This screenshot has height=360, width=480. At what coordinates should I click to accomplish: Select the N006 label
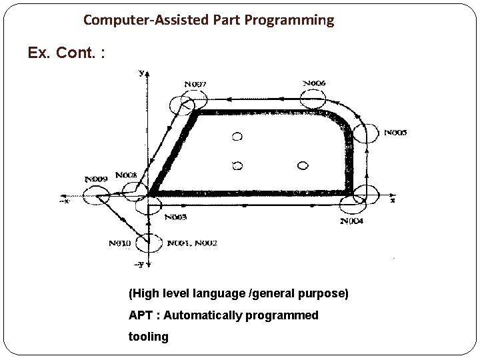(315, 83)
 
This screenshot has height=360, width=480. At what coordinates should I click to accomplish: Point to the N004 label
(351, 221)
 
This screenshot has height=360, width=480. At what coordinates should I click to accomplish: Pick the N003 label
(175, 217)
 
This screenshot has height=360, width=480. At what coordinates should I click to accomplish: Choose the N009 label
(97, 179)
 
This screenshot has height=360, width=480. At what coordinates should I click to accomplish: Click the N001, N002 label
(192, 243)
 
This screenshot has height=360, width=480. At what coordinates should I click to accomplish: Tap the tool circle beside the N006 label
(313, 101)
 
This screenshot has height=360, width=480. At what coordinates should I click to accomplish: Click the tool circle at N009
(96, 196)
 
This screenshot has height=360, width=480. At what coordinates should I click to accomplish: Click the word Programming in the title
(293, 20)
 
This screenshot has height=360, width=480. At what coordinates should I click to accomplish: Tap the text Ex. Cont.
(66, 53)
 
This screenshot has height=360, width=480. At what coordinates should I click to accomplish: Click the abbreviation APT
(141, 315)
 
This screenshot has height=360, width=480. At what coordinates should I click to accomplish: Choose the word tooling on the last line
(149, 336)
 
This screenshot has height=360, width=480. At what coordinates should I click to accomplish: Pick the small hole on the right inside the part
(302, 165)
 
